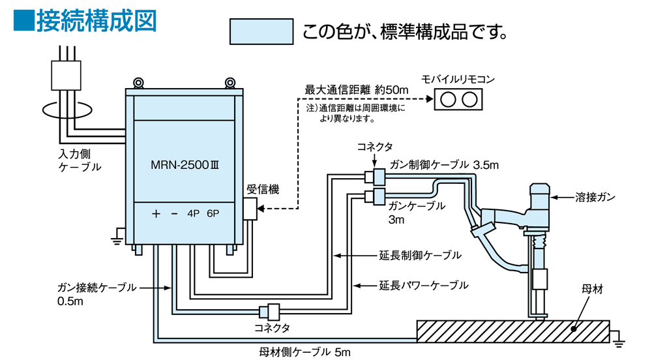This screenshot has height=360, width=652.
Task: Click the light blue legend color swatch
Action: tap(260, 31)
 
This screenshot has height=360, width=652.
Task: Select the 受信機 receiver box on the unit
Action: tap(250, 209)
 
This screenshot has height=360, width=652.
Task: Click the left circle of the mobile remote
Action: tap(448, 99)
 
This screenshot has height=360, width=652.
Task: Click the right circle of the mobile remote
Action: tap(469, 99)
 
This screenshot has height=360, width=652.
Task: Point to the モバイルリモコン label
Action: tap(458, 80)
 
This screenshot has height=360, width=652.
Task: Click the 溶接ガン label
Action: tap(595, 196)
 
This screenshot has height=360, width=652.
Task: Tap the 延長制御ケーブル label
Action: tap(420, 255)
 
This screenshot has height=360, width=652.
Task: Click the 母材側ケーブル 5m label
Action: tap(304, 353)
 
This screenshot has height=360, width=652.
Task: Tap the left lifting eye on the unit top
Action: tap(138, 83)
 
